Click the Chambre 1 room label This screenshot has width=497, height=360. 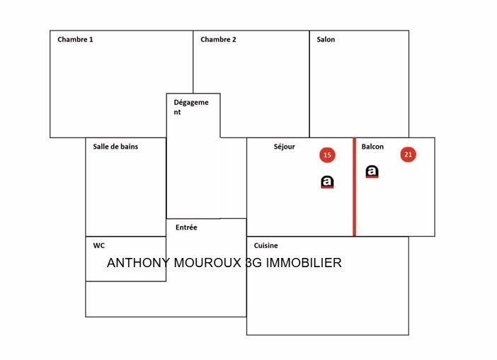[x=75, y=39]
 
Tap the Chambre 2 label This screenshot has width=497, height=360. [x=218, y=39]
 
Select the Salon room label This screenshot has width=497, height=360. [x=326, y=39]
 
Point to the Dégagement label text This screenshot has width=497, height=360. [x=191, y=107]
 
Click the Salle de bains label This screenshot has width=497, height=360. [x=115, y=147]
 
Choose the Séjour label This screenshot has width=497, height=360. [x=285, y=147]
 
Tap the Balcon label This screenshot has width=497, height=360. [x=372, y=147]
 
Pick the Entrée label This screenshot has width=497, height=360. [x=186, y=227]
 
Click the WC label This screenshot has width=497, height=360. [x=99, y=245]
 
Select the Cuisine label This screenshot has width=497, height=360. [x=265, y=245]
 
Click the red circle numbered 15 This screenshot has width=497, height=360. [x=327, y=155]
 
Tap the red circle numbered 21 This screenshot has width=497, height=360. [x=408, y=154]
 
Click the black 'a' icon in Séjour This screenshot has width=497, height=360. [x=327, y=182]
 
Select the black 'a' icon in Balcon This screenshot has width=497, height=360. [x=372, y=171]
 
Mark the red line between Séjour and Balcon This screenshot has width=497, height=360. [x=355, y=187]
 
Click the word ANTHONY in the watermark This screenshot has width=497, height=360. [x=139, y=263]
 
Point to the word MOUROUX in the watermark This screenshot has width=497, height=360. [x=207, y=263]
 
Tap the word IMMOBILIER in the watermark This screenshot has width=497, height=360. [x=303, y=263]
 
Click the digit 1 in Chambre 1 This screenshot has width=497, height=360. [x=91, y=39]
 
